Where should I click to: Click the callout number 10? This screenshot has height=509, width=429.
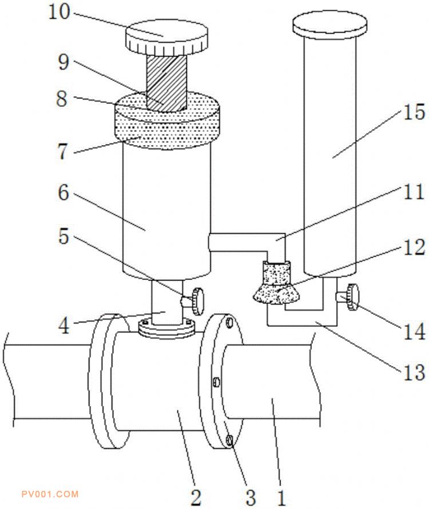point(59,12)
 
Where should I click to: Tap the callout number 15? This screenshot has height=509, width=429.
point(414,113)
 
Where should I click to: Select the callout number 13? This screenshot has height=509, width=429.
point(414,372)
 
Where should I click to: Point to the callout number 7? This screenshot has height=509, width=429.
point(63,151)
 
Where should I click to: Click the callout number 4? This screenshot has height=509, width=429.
point(64,326)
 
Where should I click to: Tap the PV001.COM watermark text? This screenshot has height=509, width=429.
point(50,494)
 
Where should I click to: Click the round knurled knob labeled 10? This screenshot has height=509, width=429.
point(166,37)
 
